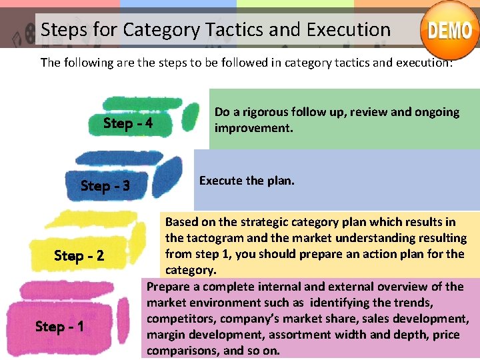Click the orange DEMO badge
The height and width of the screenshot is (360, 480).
449,30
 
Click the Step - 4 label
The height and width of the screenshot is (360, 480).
128,123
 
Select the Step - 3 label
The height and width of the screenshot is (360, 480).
105,186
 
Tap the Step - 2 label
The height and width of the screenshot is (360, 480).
79,256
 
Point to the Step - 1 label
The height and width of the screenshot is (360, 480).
59,327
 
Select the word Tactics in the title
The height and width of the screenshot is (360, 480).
231,30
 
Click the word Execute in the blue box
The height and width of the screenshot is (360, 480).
221,181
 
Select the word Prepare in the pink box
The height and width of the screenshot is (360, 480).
169,287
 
